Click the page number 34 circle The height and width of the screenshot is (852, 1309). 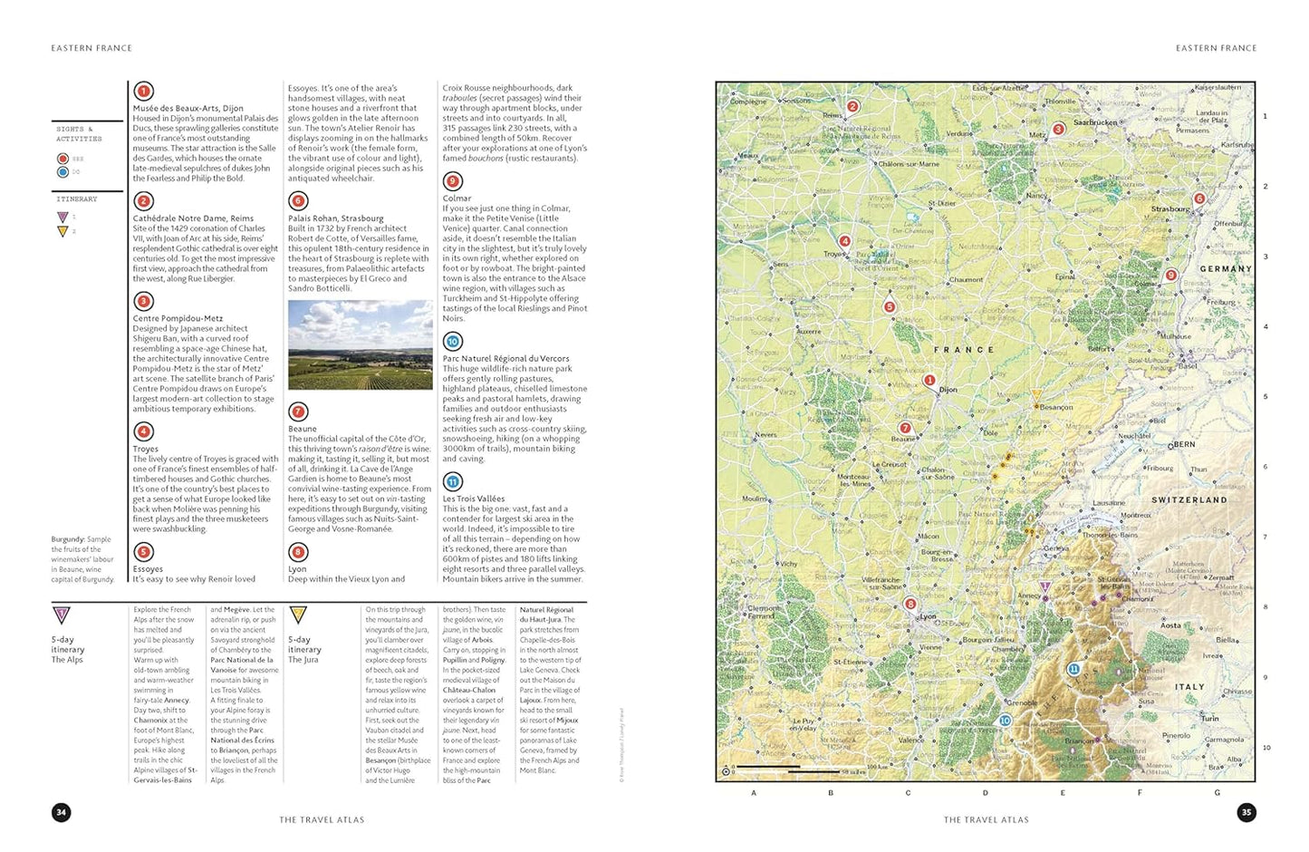point(62,812)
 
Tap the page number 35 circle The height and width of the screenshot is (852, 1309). point(1246,812)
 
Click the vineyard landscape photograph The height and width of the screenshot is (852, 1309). point(360,344)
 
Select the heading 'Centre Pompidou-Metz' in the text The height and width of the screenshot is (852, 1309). point(178,318)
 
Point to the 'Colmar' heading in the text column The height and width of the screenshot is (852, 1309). point(457,198)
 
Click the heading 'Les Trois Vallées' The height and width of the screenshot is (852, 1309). point(474,499)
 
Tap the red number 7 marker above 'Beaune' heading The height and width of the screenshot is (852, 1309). point(298,412)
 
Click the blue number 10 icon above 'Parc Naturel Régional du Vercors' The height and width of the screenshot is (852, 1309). point(453,342)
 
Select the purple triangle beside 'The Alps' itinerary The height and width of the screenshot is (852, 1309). point(62,615)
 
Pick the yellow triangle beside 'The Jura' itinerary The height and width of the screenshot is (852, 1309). point(298,615)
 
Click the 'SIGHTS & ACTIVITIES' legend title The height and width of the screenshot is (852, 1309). point(79,134)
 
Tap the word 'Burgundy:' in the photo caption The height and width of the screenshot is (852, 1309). point(68,539)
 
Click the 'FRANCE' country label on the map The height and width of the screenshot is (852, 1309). point(964,350)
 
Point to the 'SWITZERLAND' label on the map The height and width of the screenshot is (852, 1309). point(1189,499)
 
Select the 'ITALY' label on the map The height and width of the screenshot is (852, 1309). point(1189,687)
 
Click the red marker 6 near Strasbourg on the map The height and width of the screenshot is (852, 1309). point(1199,198)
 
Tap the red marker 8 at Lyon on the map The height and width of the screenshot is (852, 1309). point(910,604)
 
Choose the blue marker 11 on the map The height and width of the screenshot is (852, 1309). point(1073,669)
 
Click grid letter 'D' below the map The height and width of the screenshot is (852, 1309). point(986,793)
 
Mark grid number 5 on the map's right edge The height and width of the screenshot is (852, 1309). point(1266,396)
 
